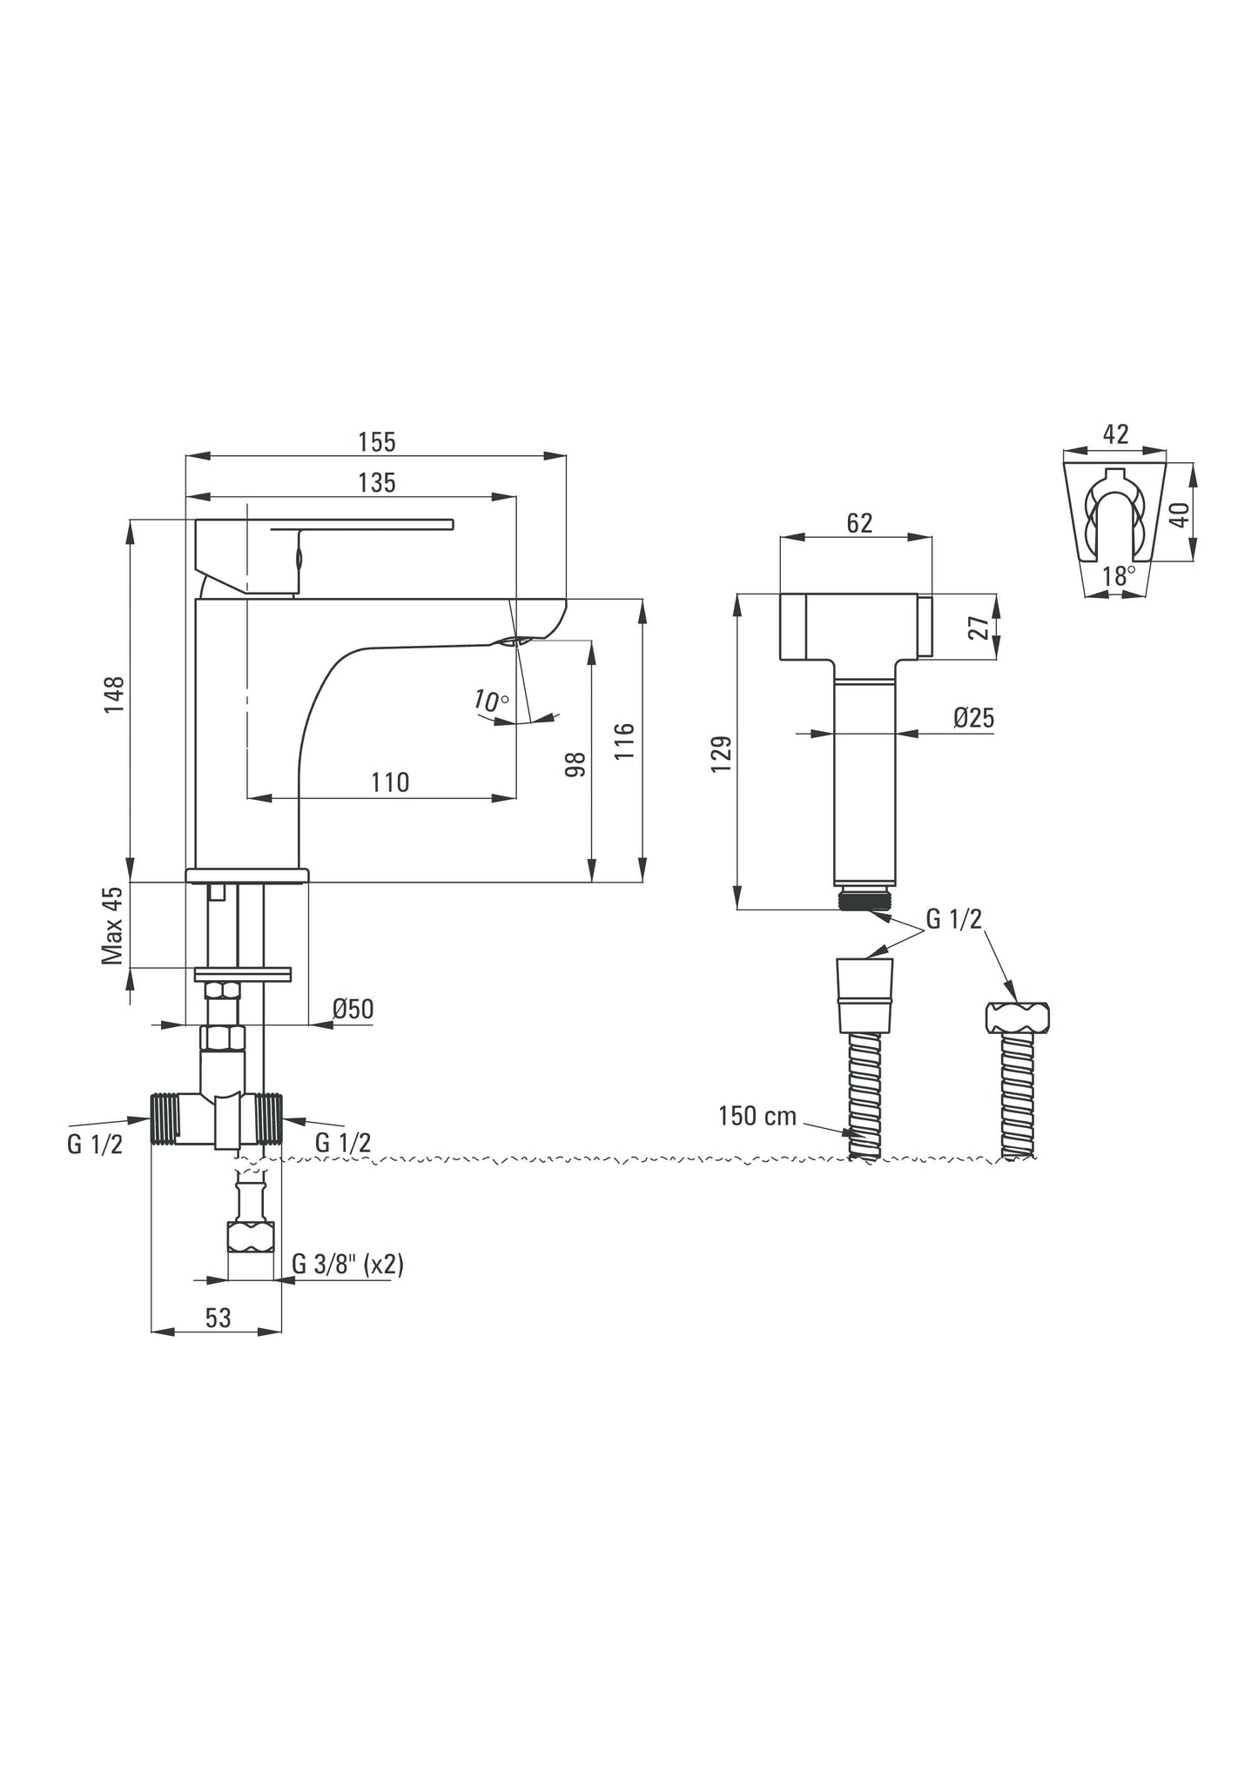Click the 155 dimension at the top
376,442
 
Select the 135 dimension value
376,483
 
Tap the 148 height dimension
115,694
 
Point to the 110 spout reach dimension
389,782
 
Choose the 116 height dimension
625,742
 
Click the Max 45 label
113,927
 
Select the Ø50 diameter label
353,1010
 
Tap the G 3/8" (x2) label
347,1264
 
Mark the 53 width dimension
218,1318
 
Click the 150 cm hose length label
757,1117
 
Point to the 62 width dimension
858,523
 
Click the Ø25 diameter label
973,718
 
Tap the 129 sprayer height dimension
721,754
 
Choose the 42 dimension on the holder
1115,433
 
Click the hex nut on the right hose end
1018,1016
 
